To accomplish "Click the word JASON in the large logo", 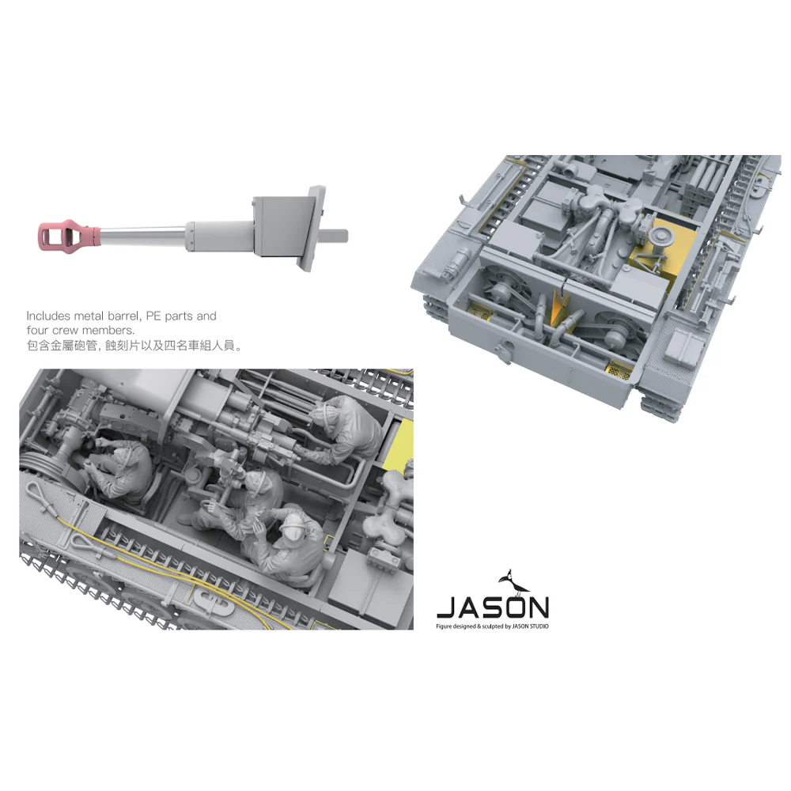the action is coord(492,607).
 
